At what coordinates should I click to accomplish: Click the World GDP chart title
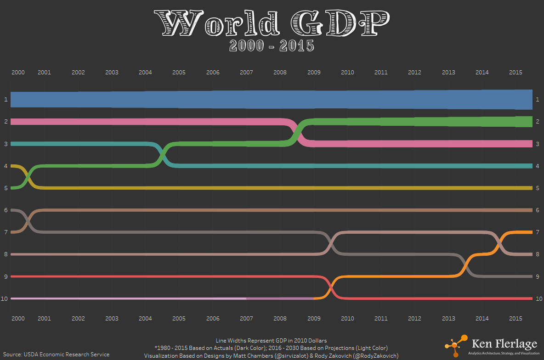(x=272, y=23)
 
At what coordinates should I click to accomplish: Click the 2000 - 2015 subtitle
(x=272, y=46)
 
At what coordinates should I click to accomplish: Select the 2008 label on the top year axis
(x=280, y=73)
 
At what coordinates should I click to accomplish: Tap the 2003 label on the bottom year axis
(x=112, y=318)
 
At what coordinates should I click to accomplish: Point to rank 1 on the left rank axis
(x=6, y=100)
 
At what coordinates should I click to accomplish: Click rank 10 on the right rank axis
(x=539, y=298)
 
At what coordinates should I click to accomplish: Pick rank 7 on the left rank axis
(x=6, y=232)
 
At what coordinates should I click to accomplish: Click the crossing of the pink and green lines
(x=298, y=133)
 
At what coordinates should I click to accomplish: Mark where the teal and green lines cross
(x=162, y=155)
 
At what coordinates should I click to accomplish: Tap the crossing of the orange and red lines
(x=331, y=287)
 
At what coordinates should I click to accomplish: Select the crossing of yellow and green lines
(x=28, y=177)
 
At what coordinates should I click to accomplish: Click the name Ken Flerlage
(x=504, y=344)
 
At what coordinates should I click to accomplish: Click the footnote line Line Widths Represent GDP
(x=271, y=341)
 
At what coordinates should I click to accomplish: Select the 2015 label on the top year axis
(x=516, y=73)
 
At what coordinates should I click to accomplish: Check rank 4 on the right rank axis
(x=538, y=166)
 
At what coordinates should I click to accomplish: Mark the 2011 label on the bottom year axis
(x=381, y=318)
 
